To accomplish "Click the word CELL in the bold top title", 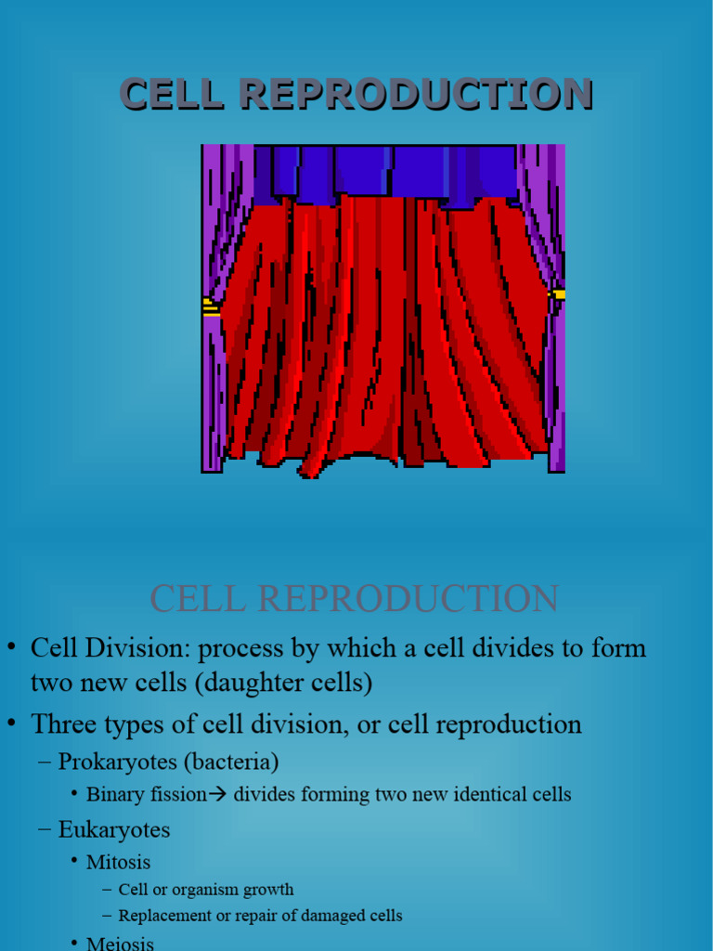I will pos(173,94).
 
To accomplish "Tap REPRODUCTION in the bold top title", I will pos(415,94).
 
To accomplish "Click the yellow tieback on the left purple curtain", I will pos(211,307).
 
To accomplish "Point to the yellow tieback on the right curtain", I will pos(557,295).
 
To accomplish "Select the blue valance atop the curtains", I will pos(386,170).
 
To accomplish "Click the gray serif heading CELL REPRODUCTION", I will pos(355,599).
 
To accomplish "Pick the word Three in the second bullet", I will pos(64,723).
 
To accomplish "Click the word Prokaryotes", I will pos(118,762).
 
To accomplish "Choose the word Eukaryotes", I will pos(114,829).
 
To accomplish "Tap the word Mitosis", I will pos(118,862).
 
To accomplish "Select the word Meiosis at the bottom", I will pos(118,943).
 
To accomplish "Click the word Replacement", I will pos(162,916).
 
